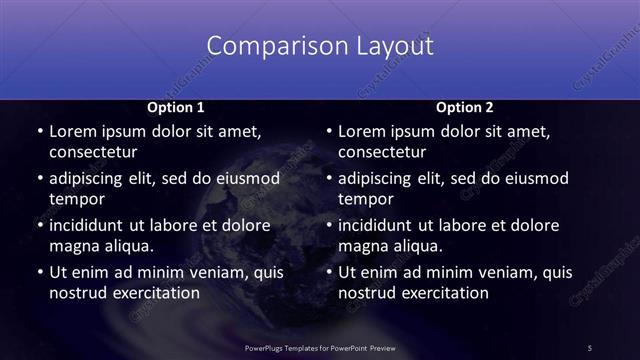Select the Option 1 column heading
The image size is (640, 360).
[x=176, y=107]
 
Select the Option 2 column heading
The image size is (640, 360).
[x=465, y=107]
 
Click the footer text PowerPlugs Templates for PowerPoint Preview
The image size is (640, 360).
[x=319, y=348]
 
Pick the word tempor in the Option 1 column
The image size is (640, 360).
[x=76, y=200]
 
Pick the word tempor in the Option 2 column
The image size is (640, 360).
[x=365, y=200]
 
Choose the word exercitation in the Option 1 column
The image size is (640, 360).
[x=153, y=294]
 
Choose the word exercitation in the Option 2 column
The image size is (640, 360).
[x=442, y=294]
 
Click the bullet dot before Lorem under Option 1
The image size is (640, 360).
[x=38, y=132]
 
